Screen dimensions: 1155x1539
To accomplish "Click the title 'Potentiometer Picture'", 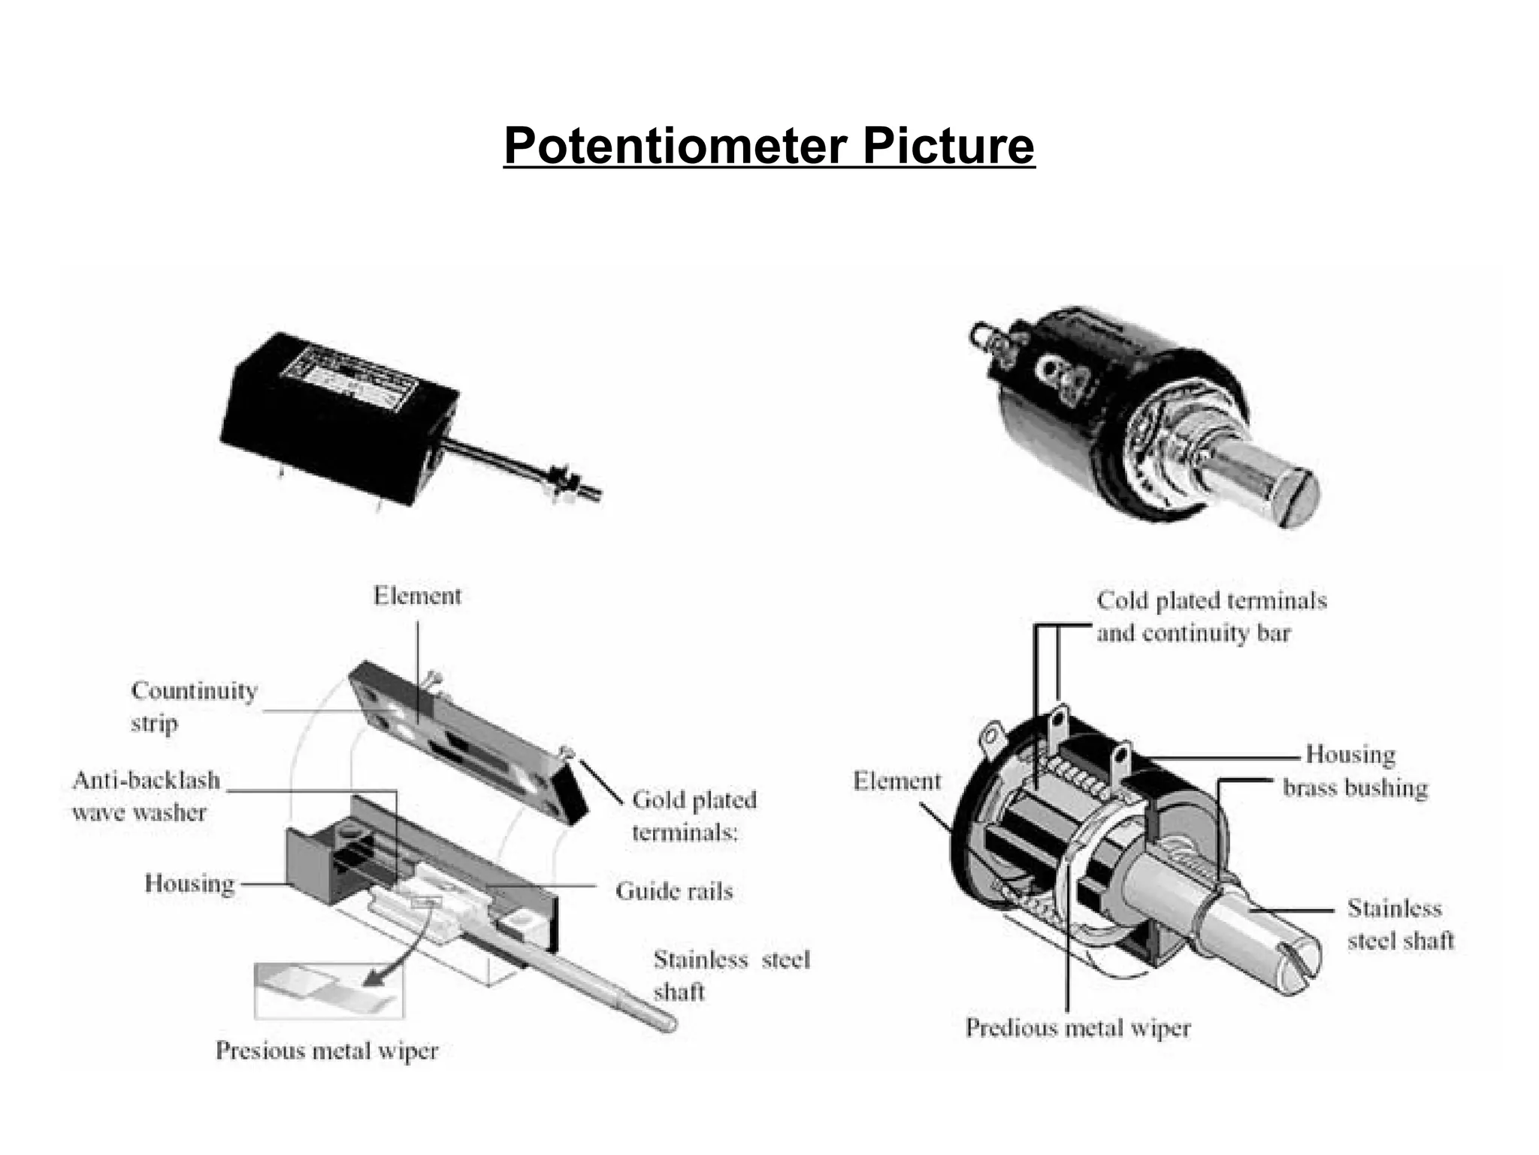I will click(769, 146).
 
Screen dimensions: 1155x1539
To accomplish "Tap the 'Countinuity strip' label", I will click(193, 706).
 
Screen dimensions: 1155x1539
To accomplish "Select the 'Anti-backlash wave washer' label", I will click(146, 796).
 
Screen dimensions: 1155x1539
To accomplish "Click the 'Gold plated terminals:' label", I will click(694, 815).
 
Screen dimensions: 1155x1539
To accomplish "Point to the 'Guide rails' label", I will click(673, 891).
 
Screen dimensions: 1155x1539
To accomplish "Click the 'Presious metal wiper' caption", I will click(326, 1050).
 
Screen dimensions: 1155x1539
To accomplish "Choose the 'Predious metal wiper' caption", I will click(1078, 1028).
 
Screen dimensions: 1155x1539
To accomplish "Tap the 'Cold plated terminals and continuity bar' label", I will click(1211, 617).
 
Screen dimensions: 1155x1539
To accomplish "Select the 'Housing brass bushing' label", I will click(1354, 771).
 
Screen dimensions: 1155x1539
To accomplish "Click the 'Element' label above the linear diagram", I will click(417, 596).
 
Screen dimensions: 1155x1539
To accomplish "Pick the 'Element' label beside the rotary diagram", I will click(896, 781).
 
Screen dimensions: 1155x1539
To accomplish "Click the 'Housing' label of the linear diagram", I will click(189, 883).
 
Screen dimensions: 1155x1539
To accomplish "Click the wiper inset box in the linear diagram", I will click(328, 991).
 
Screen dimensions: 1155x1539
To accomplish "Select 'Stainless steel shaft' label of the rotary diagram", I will click(1400, 924).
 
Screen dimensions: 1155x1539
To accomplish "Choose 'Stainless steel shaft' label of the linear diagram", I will click(730, 975).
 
